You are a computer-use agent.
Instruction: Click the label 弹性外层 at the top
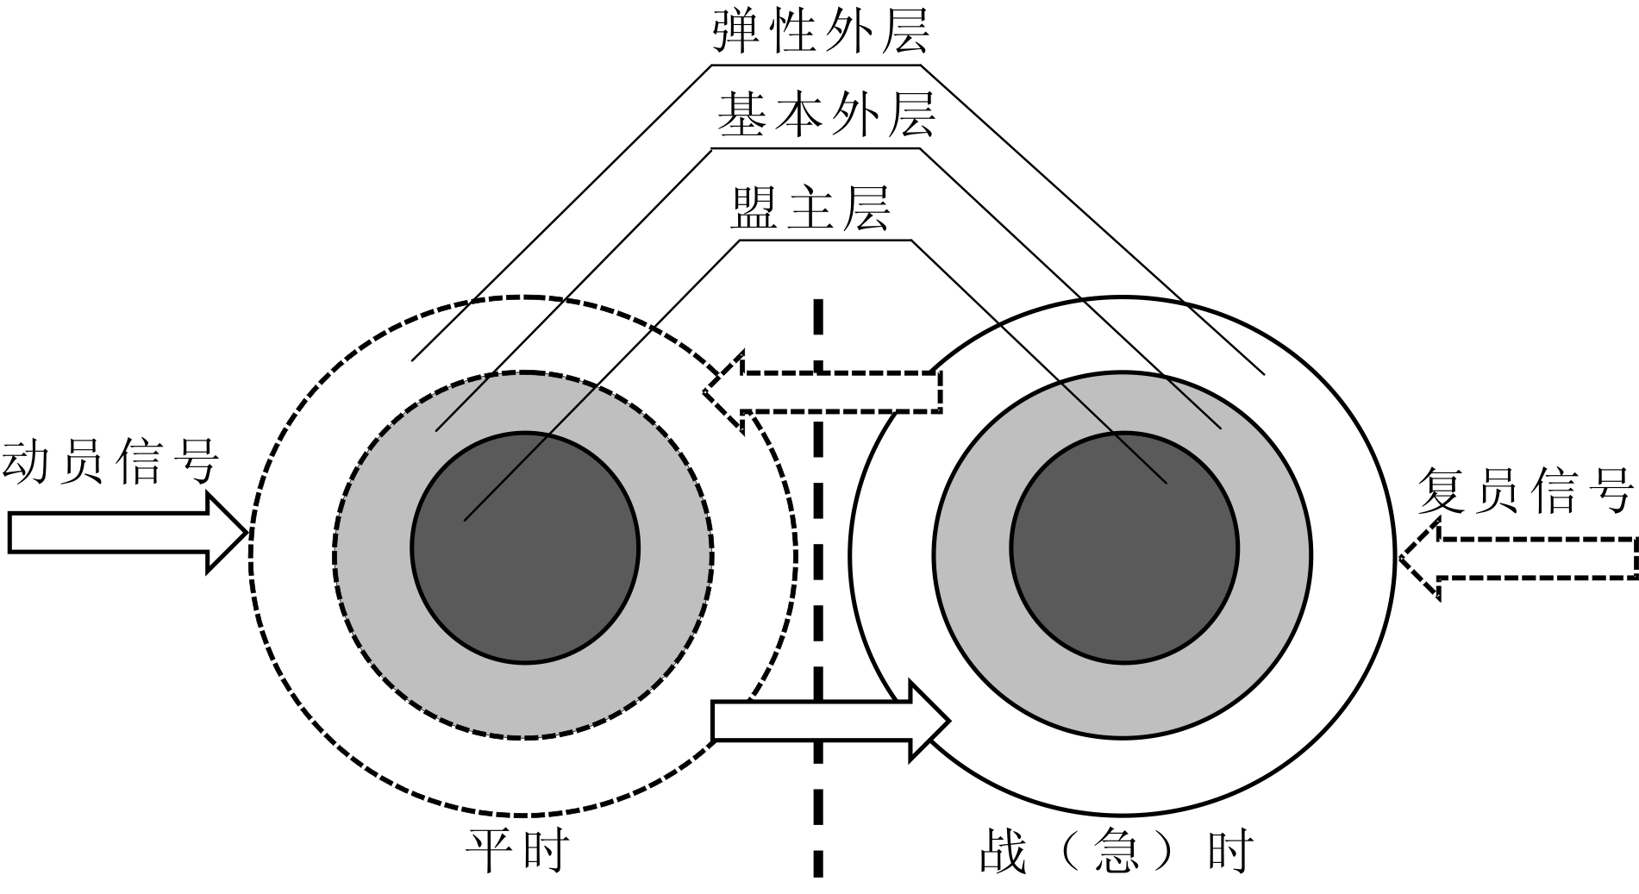[x=820, y=32]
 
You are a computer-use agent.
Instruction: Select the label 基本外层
[x=825, y=116]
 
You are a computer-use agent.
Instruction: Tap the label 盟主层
[x=810, y=208]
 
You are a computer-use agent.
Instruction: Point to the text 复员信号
[x=1525, y=491]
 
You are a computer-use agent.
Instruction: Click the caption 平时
[x=517, y=851]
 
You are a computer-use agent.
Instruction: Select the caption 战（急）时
[x=1116, y=851]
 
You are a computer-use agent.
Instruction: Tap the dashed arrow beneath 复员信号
[x=1517, y=558]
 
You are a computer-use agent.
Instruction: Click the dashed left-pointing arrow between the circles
[x=823, y=392]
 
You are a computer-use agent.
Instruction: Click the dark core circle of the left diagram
[x=525, y=547]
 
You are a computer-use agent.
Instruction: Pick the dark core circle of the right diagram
[x=1124, y=547]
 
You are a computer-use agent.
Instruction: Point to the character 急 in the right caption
[x=1116, y=851]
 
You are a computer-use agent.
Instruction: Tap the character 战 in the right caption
[x=1004, y=851]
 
